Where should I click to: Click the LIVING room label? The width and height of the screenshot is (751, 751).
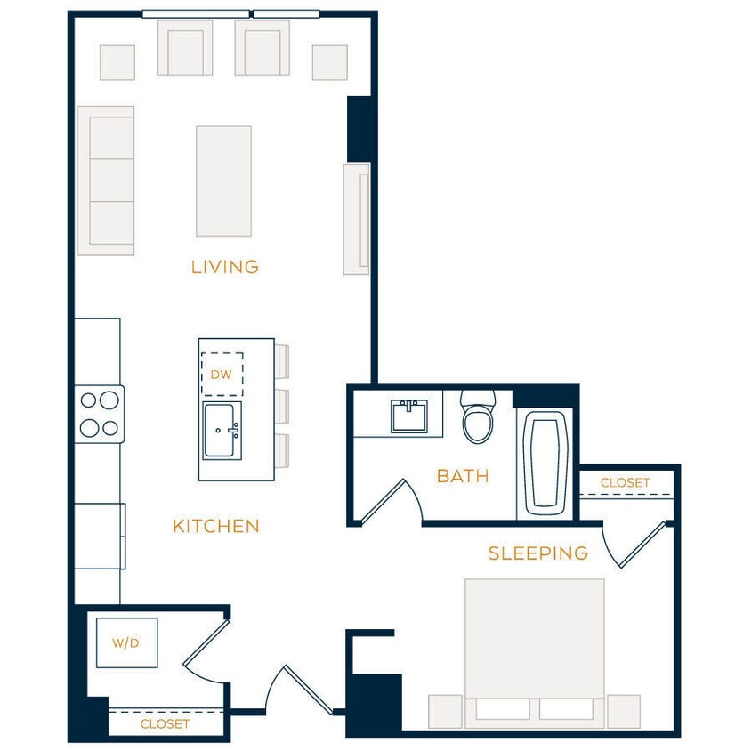[225, 266]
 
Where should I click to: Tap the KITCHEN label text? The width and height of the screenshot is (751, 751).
[216, 526]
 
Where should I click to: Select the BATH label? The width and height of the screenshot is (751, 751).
[463, 476]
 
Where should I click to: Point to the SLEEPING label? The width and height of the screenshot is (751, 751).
[538, 553]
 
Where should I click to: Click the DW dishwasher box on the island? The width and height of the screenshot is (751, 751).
[222, 375]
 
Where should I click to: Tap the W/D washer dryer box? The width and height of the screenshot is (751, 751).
[126, 642]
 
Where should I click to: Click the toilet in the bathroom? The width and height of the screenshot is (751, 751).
[477, 419]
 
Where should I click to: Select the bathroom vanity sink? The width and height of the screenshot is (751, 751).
[408, 416]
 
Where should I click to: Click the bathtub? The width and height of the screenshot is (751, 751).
[545, 463]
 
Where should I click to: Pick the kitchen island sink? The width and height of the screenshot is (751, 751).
[222, 431]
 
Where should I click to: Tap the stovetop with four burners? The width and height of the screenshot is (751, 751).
[100, 414]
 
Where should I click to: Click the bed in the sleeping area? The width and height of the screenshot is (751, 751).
[535, 650]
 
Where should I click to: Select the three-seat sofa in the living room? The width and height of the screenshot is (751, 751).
[106, 181]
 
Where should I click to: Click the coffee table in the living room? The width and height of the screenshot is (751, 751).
[223, 181]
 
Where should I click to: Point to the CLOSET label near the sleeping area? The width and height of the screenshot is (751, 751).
[625, 482]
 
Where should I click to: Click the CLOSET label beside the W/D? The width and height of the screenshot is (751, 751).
[165, 723]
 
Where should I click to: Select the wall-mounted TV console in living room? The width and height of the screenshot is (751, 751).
[357, 219]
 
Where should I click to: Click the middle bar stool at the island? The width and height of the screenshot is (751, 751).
[283, 406]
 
